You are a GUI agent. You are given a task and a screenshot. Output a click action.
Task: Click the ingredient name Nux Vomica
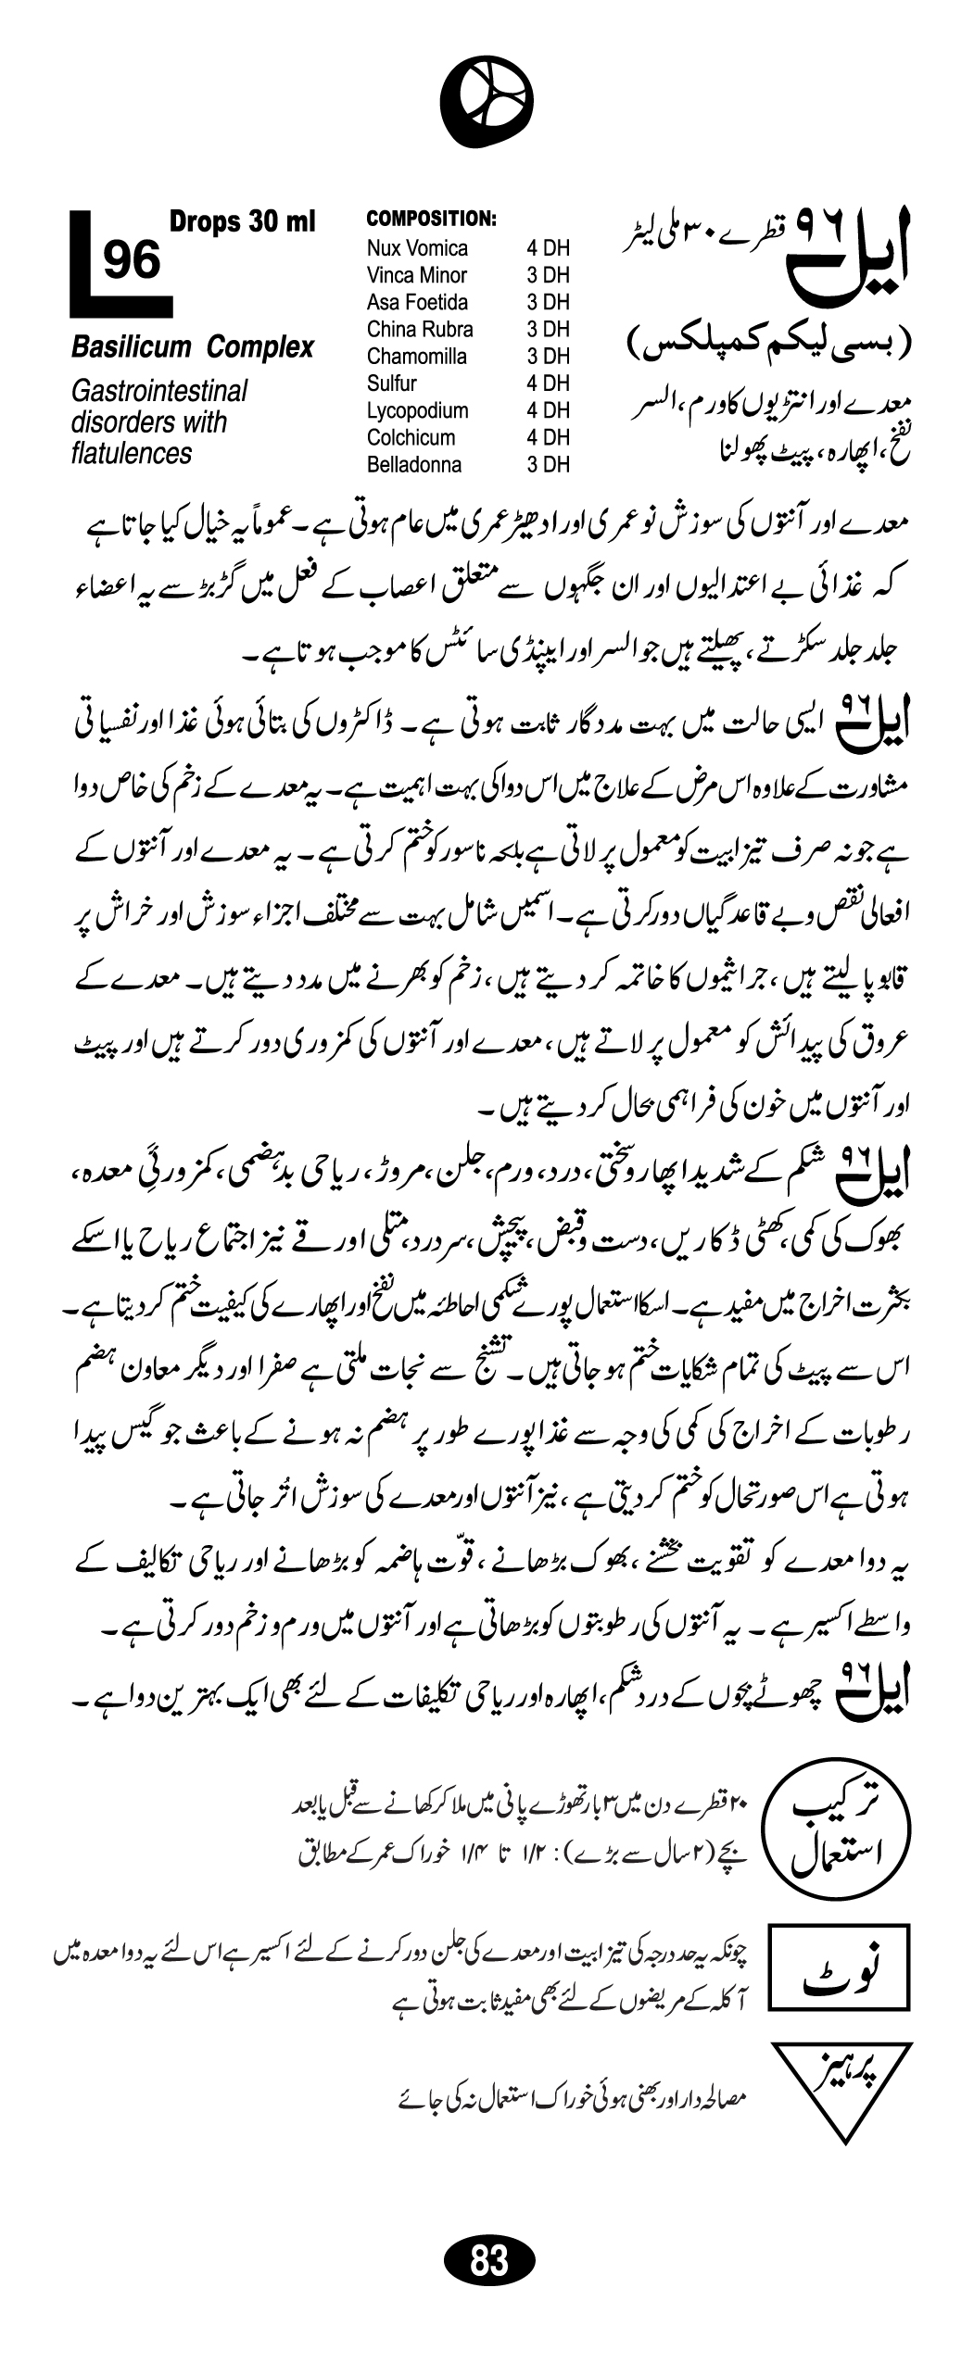tap(417, 248)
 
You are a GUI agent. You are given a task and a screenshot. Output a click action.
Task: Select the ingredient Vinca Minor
tap(416, 275)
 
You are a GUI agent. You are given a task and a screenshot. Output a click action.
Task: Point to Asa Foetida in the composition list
tap(417, 302)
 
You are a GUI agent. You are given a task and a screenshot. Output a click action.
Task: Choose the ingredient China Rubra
tap(419, 329)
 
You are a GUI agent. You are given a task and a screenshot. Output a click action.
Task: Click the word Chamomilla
tap(416, 357)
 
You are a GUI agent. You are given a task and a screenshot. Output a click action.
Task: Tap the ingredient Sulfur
tap(391, 383)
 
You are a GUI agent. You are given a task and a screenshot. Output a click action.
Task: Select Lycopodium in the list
tap(417, 410)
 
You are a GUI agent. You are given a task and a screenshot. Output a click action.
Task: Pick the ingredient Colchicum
tap(411, 437)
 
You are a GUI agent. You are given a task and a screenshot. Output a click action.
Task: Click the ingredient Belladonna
tap(413, 465)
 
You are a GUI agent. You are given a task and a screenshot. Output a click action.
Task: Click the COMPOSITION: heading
tap(432, 220)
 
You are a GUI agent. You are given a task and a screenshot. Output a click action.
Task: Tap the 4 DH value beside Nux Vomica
tap(548, 248)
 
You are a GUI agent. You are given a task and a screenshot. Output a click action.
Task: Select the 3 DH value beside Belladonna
tap(548, 465)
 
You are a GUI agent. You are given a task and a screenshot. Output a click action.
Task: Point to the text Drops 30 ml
tap(242, 222)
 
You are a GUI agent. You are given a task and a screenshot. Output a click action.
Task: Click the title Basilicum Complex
tap(193, 348)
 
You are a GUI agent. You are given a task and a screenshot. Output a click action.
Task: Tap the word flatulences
tap(132, 454)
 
